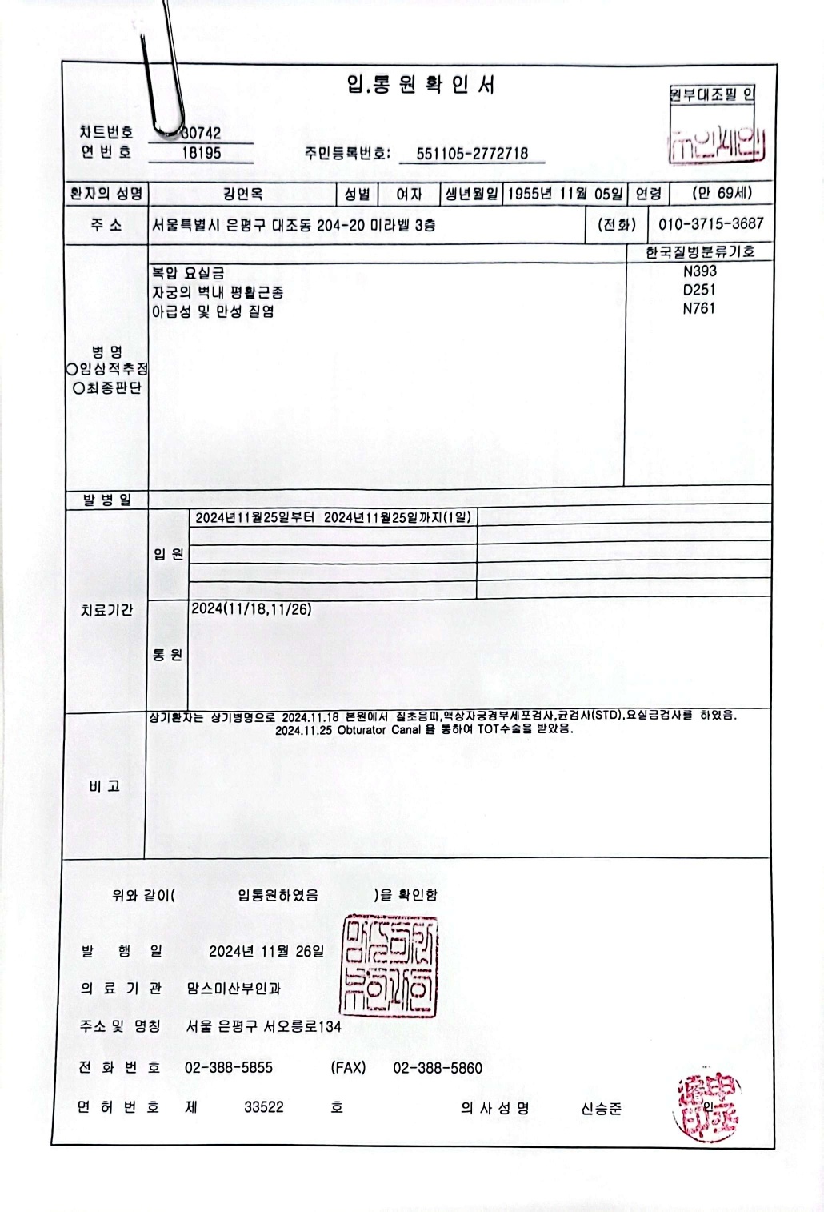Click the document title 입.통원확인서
pos(421,85)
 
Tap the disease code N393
pos(699,271)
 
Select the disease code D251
pos(699,290)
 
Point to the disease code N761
pos(699,308)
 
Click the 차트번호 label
pos(106,132)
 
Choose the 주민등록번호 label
pos(347,153)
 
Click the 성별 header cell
pos(357,194)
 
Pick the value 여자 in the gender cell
pos(409,194)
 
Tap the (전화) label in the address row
pos(617,225)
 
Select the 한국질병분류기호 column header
pos(700,252)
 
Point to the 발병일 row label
pos(106,500)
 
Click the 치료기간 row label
pos(106,610)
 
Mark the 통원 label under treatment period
pos(168,655)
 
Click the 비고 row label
pos(105,786)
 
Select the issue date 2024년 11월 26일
pos(266,951)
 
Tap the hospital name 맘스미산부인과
pos(234,989)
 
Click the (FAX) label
pos(348,1068)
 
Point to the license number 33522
pos(264,1107)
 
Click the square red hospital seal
pos(390,966)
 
